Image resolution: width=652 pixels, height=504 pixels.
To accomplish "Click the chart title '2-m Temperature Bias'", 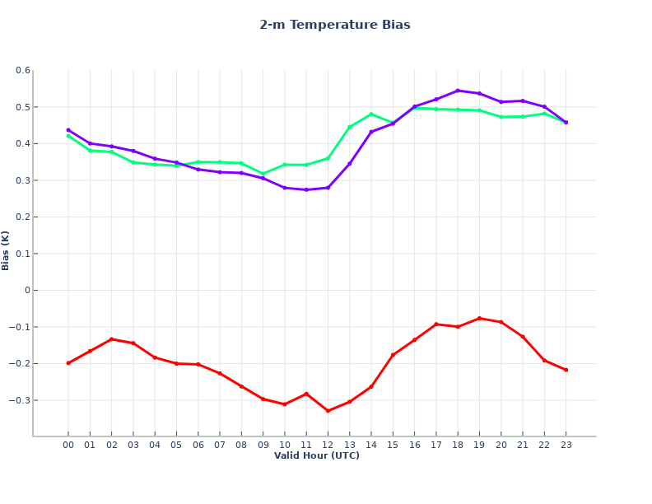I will point(334,25).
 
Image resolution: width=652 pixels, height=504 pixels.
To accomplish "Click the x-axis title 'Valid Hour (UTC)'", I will point(316,455).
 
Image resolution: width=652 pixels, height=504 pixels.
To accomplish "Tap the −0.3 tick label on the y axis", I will point(20,400).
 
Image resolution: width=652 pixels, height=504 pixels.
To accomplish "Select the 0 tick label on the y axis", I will point(27,291).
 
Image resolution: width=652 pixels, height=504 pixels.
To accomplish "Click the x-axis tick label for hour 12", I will point(328,445).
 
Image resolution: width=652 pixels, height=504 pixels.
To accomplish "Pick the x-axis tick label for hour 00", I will point(68,445).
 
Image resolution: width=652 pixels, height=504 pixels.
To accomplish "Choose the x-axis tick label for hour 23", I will point(566,445).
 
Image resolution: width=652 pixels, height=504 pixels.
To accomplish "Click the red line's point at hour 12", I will point(328,411).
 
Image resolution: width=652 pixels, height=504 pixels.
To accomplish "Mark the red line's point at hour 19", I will point(479,318).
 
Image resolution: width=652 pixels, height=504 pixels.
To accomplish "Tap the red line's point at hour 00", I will point(68,363).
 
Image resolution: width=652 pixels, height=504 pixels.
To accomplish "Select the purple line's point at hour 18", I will point(458,91).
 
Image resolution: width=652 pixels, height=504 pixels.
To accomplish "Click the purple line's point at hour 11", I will point(306,190).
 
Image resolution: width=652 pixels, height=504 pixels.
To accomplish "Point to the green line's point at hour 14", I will point(371,114).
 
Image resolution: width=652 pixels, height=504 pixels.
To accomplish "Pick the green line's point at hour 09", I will point(263,175).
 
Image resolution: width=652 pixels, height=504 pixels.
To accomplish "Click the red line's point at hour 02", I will point(111,339).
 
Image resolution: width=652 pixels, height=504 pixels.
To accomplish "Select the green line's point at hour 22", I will point(544,114).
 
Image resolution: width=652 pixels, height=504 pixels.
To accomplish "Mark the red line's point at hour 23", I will point(566,370).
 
